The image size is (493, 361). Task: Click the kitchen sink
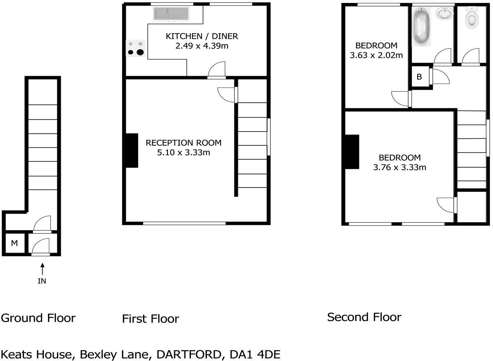(x=171, y=14)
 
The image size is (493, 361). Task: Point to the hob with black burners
(x=136, y=48)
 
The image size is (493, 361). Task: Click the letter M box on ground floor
(x=14, y=243)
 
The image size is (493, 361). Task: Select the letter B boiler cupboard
(x=419, y=77)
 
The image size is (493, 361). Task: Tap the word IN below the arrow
(x=42, y=281)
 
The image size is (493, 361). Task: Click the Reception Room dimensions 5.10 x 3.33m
(x=184, y=153)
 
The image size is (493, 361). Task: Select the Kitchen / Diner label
(x=202, y=36)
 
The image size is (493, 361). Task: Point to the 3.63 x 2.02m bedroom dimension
(x=376, y=55)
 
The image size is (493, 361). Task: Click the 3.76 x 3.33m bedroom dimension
(x=400, y=167)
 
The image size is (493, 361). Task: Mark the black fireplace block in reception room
(x=132, y=150)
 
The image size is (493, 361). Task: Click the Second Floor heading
(x=364, y=318)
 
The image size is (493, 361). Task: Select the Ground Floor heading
(x=38, y=318)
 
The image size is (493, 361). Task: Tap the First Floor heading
(x=151, y=319)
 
